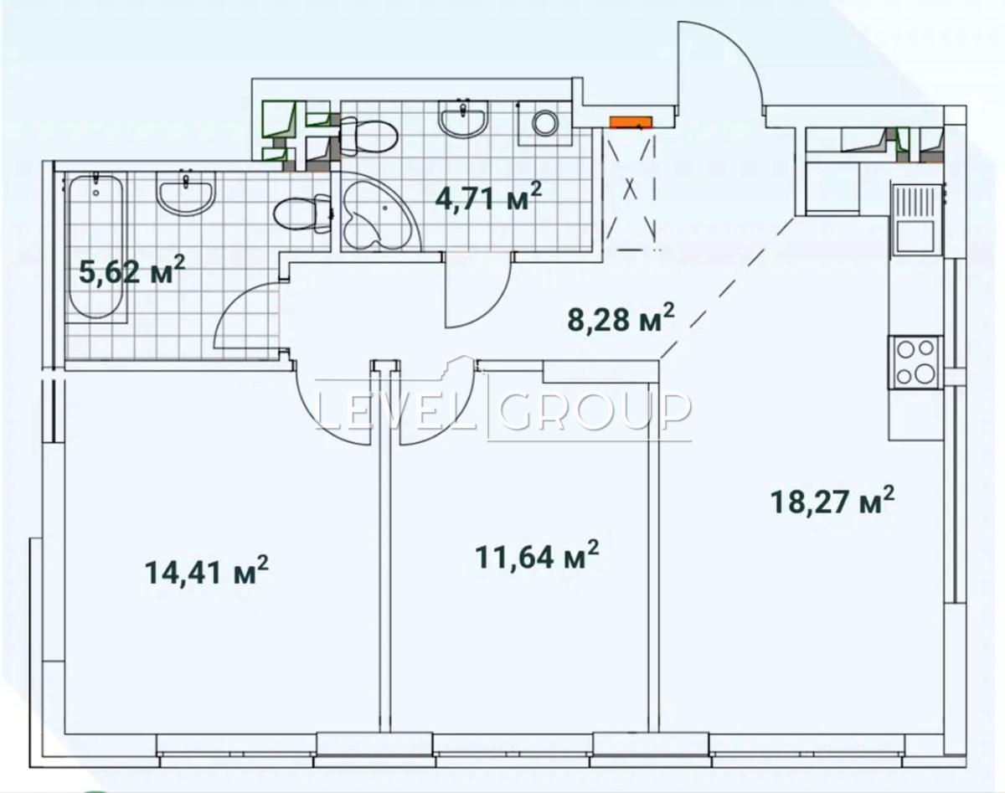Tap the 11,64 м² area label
pos(537,556)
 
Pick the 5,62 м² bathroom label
pos(132,270)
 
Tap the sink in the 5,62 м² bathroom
pos(187,193)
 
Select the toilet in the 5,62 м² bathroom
pos(302,214)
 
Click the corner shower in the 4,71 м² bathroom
pos(380,211)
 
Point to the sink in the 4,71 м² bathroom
pos(463,118)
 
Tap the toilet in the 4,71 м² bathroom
pos(368,135)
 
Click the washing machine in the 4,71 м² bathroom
pos(544,123)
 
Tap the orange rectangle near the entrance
pos(631,122)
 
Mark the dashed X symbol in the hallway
pos(631,190)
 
